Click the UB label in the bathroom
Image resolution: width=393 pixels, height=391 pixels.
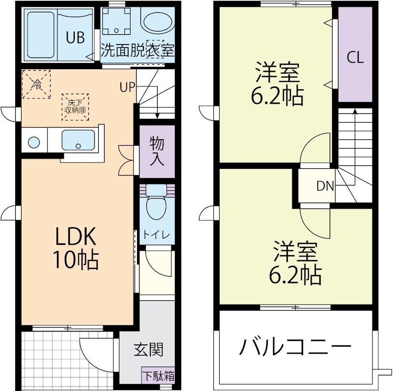[76, 37]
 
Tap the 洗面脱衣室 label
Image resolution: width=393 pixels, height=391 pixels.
[138, 50]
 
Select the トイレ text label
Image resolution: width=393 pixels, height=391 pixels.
[157, 235]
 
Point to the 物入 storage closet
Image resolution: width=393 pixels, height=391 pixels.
[157, 152]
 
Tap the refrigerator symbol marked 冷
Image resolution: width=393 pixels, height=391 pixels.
[36, 84]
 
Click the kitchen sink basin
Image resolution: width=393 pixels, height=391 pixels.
[79, 141]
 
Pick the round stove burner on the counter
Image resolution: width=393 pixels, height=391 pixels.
[34, 143]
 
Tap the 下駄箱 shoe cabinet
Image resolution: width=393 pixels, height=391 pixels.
[158, 376]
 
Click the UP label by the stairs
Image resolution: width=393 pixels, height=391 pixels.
[127, 88]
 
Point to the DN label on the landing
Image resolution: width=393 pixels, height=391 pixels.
[325, 186]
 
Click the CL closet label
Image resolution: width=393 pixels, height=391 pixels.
[355, 57]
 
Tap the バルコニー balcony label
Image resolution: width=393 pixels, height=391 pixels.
[295, 347]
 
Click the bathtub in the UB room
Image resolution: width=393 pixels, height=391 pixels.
[40, 34]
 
